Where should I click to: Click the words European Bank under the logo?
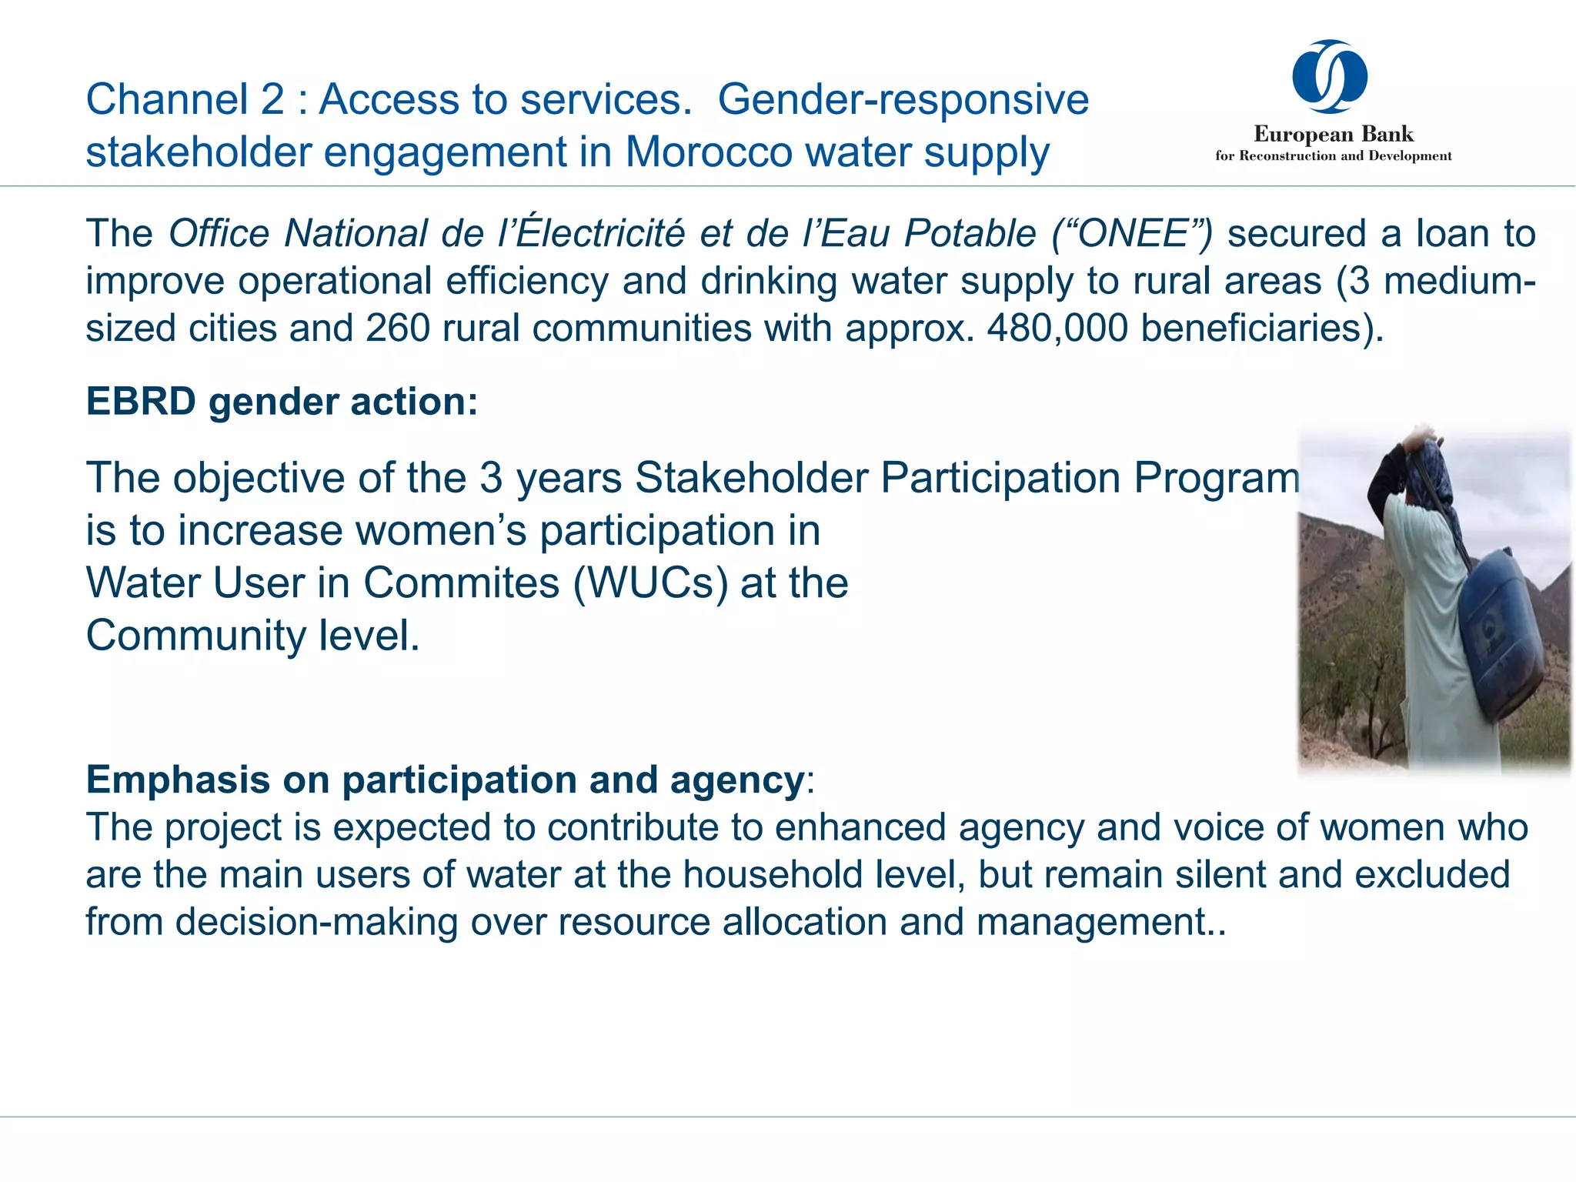click(1334, 134)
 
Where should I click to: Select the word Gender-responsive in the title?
click(903, 99)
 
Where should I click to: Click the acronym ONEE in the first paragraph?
click(1134, 233)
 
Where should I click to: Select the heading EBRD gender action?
click(282, 402)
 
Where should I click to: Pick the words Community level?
click(252, 636)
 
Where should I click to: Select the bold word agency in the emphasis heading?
click(736, 780)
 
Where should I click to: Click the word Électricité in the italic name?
click(600, 233)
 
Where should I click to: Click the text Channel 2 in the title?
click(185, 99)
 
